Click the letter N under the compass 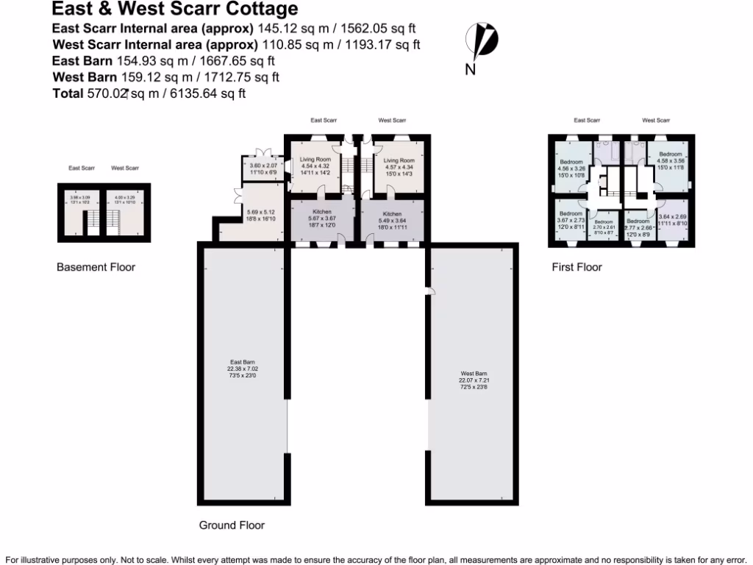[x=469, y=70]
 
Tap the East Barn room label [x=242, y=369]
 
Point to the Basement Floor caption [x=96, y=268]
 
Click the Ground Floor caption [x=232, y=525]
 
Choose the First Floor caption [x=577, y=267]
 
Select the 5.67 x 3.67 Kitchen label [x=322, y=218]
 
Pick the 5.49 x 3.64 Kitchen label [x=392, y=218]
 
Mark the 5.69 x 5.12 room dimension [x=262, y=215]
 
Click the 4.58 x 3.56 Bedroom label [x=670, y=161]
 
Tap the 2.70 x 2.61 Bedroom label [x=604, y=226]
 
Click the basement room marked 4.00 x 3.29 [x=124, y=199]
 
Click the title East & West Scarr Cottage [x=175, y=10]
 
